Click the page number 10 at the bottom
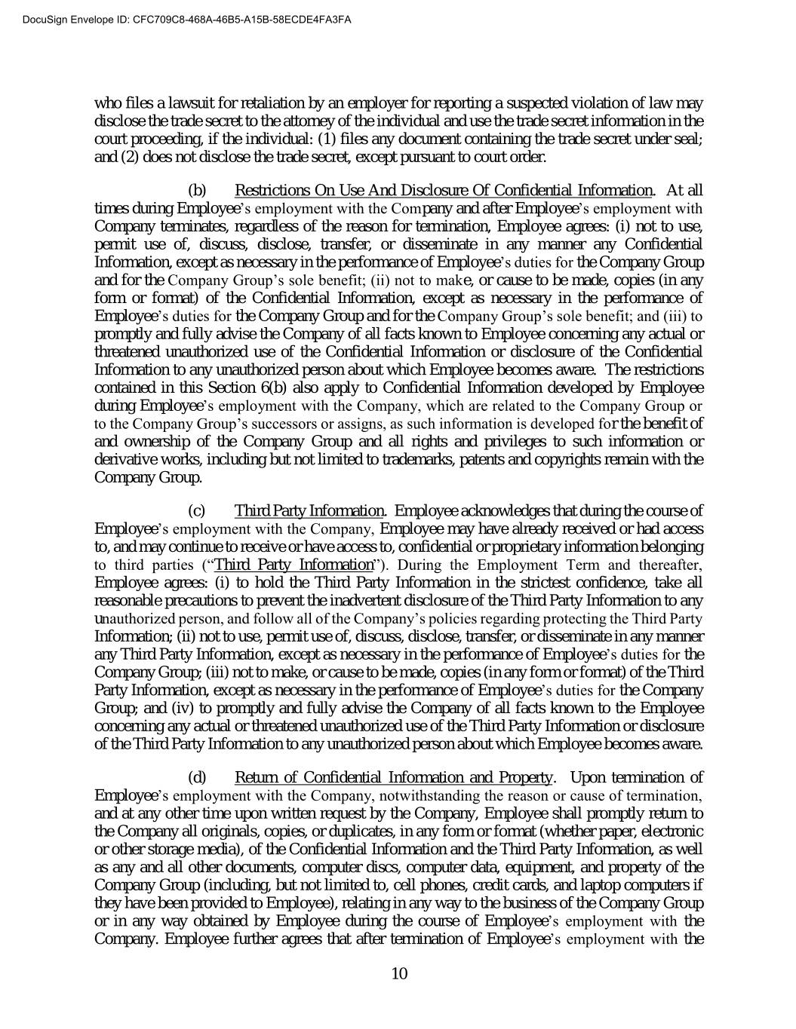click(399, 973)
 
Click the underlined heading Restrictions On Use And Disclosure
click(444, 190)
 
